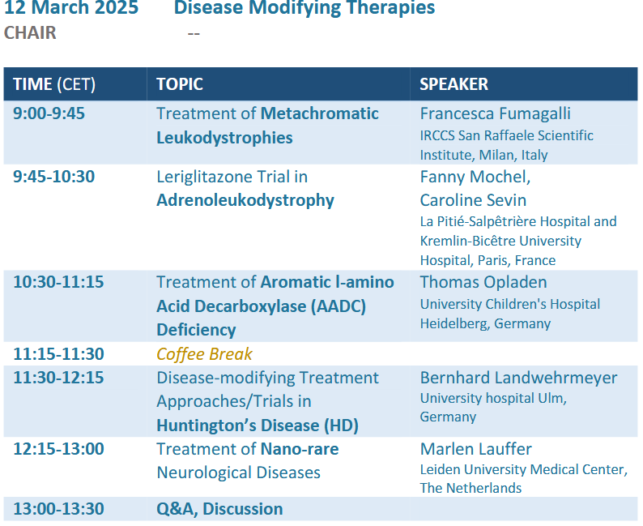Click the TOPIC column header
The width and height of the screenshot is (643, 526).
point(180,84)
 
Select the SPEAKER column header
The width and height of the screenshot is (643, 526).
point(454,84)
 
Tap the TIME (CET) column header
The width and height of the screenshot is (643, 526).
point(54,84)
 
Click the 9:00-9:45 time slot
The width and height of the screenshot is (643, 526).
point(49,113)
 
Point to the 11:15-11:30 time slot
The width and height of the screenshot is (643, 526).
point(58,354)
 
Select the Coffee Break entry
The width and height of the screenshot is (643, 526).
point(204,354)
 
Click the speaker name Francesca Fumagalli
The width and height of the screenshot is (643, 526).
point(495,113)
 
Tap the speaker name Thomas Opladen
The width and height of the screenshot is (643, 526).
point(483,282)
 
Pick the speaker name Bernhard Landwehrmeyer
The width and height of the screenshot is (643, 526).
point(518,378)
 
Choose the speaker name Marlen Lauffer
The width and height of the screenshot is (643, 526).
point(475,449)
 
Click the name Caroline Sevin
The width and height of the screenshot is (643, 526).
point(473,200)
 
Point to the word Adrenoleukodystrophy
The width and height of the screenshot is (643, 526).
point(245,201)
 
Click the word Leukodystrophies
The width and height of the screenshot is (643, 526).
point(224,138)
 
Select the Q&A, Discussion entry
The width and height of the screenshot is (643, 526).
point(219,509)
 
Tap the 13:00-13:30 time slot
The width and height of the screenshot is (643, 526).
point(58,509)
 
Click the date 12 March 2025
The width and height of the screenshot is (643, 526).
point(71,7)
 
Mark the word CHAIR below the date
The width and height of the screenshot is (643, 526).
point(30,32)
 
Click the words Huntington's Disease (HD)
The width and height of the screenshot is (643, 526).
point(258,426)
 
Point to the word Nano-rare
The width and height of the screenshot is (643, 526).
point(300,449)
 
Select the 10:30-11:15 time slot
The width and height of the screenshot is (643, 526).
point(58,282)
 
